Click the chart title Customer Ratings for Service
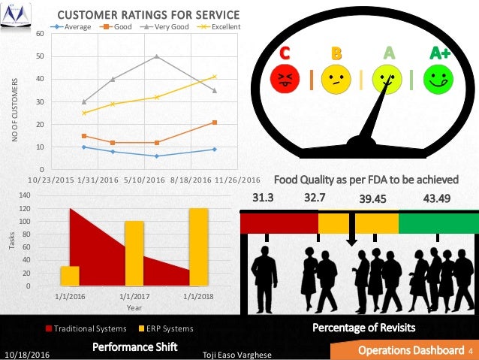(149, 15)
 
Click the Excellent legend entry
(221, 27)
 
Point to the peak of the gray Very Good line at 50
(156, 56)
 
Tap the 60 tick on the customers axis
(40, 33)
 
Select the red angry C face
(285, 80)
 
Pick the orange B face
(336, 80)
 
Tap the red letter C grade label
(285, 53)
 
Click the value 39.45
(372, 198)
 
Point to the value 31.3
(262, 198)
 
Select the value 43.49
(437, 198)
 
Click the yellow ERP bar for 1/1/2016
(70, 276)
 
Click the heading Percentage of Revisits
(364, 328)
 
